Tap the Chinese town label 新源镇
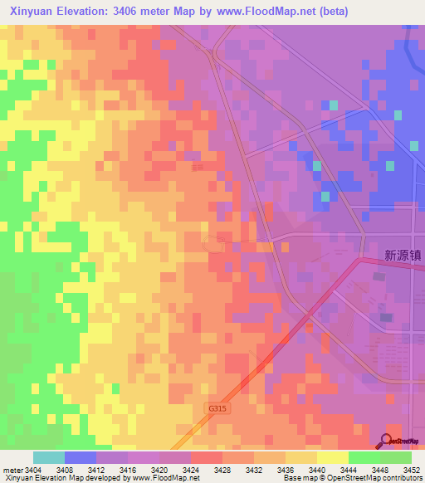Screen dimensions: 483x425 point(403,256)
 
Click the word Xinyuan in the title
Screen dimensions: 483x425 point(33,11)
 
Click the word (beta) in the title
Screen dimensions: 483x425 point(330,11)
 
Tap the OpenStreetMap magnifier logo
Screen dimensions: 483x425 point(386,440)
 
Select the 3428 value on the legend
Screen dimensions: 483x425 point(222,469)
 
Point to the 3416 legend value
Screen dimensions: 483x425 point(128,469)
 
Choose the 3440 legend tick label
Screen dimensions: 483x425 point(317,469)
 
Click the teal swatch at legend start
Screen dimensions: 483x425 point(49,457)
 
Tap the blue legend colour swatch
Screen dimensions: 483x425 point(81,457)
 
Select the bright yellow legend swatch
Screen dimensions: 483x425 point(332,457)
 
